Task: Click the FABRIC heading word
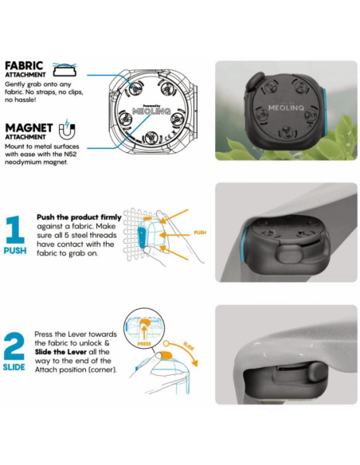click(x=24, y=65)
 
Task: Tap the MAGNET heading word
click(x=29, y=128)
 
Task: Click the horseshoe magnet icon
click(x=67, y=130)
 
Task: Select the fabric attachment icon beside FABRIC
click(x=65, y=70)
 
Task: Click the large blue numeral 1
click(x=15, y=229)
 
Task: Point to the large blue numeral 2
click(x=14, y=346)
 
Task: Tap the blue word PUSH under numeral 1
click(x=15, y=251)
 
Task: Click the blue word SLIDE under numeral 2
click(x=14, y=367)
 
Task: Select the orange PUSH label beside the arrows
click(x=200, y=232)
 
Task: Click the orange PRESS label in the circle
click(x=144, y=344)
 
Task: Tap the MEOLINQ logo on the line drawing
click(x=151, y=111)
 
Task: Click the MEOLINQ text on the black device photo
click(x=286, y=107)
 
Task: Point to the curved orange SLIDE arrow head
click(x=194, y=363)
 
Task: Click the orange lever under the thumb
click(x=166, y=355)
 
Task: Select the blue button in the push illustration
click(x=142, y=236)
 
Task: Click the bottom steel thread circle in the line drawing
click(x=152, y=137)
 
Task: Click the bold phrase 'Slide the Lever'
click(x=61, y=352)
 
